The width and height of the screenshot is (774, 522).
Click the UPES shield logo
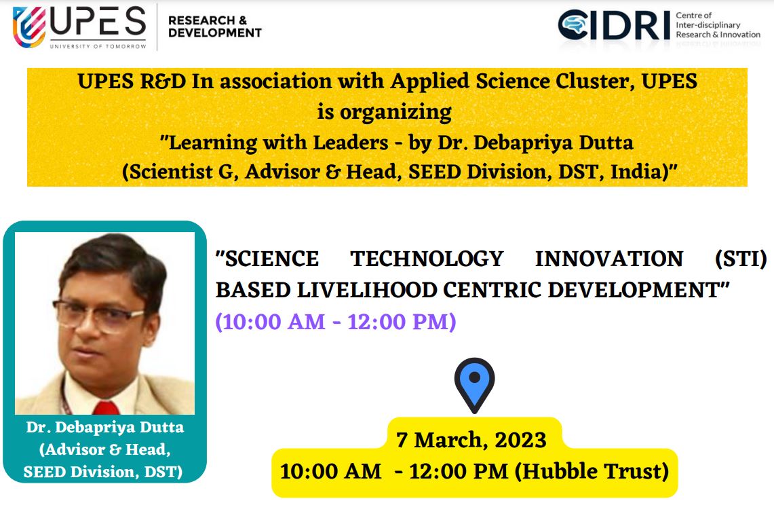coord(29,26)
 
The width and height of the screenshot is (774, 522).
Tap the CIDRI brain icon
coord(573,24)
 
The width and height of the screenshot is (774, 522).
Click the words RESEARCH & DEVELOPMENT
coord(215,26)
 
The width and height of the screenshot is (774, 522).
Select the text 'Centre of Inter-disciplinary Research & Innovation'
coord(718,25)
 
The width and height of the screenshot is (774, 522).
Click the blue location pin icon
coord(474,385)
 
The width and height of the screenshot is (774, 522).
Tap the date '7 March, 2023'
coord(471,440)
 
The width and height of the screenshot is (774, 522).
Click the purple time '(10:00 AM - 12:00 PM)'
coord(336,322)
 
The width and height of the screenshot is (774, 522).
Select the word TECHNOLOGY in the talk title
coord(427,259)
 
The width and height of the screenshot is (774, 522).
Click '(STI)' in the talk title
coord(741,259)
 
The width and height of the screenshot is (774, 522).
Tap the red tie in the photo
coord(106,407)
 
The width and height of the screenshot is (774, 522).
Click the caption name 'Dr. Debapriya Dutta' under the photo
coord(104,427)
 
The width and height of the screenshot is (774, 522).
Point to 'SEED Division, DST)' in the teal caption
coord(102,472)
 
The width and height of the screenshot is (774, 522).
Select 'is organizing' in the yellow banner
coord(384,113)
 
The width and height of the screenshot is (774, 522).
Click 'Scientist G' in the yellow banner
coord(180,172)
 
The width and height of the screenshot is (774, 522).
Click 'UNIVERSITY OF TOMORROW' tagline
coord(98,46)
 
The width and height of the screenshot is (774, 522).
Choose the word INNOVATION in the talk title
coord(609,259)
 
